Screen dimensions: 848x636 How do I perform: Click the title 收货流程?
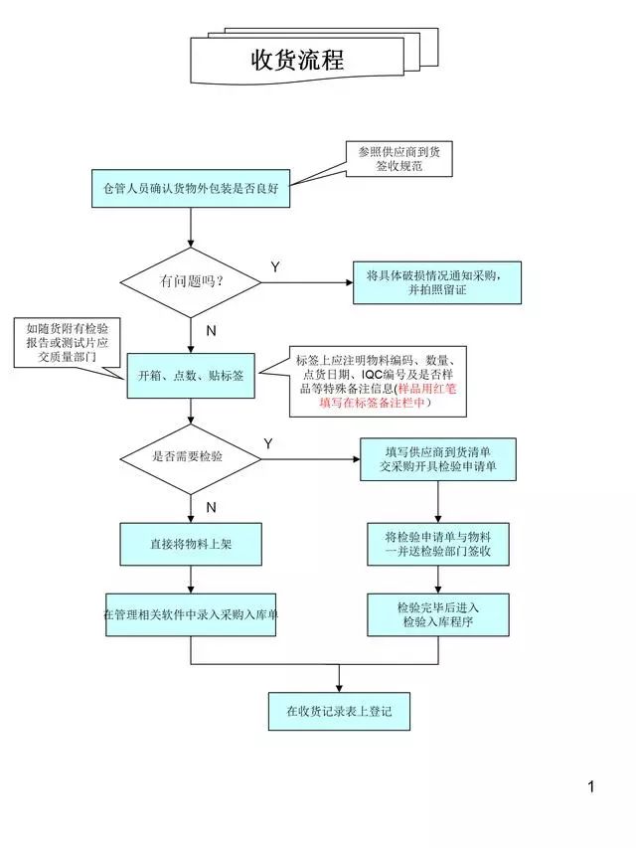click(297, 61)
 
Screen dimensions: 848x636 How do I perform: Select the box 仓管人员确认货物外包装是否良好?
click(191, 187)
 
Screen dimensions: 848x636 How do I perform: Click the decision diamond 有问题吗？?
click(191, 282)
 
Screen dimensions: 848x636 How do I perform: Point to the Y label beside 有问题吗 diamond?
click(275, 267)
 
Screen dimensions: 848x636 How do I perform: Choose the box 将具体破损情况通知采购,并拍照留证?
click(437, 282)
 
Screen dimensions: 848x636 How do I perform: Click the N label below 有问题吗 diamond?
click(211, 330)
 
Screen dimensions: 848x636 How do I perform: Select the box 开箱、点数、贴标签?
click(191, 376)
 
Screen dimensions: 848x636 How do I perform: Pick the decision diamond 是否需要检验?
click(191, 458)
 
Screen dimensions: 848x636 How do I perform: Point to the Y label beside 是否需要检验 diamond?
click(268, 442)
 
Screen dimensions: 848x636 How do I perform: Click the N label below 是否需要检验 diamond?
click(211, 507)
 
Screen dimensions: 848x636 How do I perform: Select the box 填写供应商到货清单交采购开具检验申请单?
click(437, 458)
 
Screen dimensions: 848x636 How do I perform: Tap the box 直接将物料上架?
click(191, 544)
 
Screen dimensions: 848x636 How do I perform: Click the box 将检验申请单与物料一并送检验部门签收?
click(437, 544)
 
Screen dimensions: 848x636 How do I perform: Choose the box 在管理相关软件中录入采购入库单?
click(191, 615)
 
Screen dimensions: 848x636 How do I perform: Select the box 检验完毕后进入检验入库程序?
click(437, 615)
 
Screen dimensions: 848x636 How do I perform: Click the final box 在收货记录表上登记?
click(339, 711)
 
